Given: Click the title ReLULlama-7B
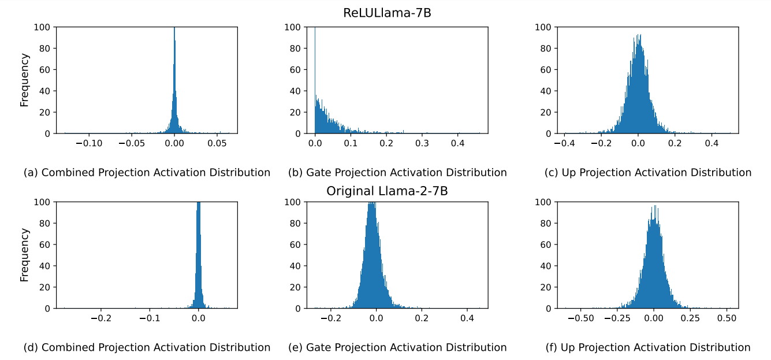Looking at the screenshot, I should pyautogui.click(x=387, y=13).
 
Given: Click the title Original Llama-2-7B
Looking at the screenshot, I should pyautogui.click(x=387, y=191).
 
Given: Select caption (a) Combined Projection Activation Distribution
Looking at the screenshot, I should pyautogui.click(x=147, y=172).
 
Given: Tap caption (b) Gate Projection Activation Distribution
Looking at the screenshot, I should pyautogui.click(x=397, y=172).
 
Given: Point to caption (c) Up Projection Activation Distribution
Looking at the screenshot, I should pyautogui.click(x=648, y=172).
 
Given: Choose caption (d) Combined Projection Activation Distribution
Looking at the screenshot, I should pyautogui.click(x=147, y=347).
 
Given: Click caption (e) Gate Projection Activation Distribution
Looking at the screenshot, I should pyautogui.click(x=397, y=347).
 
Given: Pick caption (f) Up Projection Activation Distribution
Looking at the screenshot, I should pyautogui.click(x=648, y=347).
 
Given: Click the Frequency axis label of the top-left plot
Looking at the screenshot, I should pyautogui.click(x=24, y=80).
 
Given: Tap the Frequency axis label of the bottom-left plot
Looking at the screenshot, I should pyautogui.click(x=24, y=255).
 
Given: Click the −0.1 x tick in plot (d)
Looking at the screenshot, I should pyautogui.click(x=150, y=318).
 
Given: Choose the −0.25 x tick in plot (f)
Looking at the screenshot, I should pyautogui.click(x=617, y=318).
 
